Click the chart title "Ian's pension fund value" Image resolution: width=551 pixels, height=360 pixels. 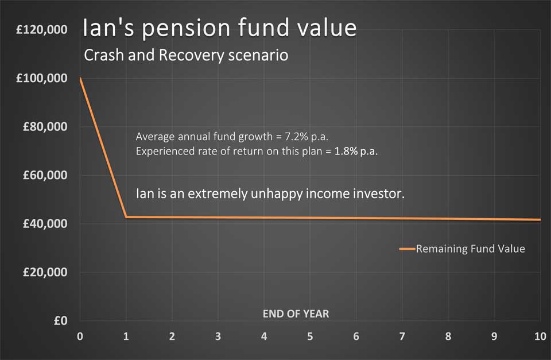(x=220, y=28)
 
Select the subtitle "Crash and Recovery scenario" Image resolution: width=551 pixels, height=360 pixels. (x=186, y=55)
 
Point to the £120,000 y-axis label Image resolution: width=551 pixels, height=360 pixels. (x=42, y=29)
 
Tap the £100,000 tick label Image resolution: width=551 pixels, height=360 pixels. (x=42, y=78)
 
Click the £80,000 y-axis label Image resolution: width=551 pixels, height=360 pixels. (x=45, y=126)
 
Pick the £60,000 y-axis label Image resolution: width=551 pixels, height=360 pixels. (x=45, y=175)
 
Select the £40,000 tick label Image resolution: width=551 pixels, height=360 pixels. (x=45, y=223)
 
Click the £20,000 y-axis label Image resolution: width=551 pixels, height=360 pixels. (x=45, y=272)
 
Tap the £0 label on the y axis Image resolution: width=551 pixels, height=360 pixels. (x=60, y=320)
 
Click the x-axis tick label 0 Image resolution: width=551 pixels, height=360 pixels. (x=80, y=336)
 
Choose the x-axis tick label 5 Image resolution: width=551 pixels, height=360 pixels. (x=310, y=336)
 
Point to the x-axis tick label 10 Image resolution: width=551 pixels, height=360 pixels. (x=541, y=336)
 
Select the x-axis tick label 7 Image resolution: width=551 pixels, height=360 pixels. (x=402, y=336)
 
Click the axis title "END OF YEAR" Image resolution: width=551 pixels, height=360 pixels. (x=296, y=314)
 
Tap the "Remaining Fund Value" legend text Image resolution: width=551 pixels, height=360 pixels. (x=471, y=249)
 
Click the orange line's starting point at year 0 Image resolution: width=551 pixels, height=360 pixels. (x=80, y=78)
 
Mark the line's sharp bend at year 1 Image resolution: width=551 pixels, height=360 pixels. (x=126, y=217)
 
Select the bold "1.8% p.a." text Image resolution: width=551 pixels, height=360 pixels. (x=356, y=151)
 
